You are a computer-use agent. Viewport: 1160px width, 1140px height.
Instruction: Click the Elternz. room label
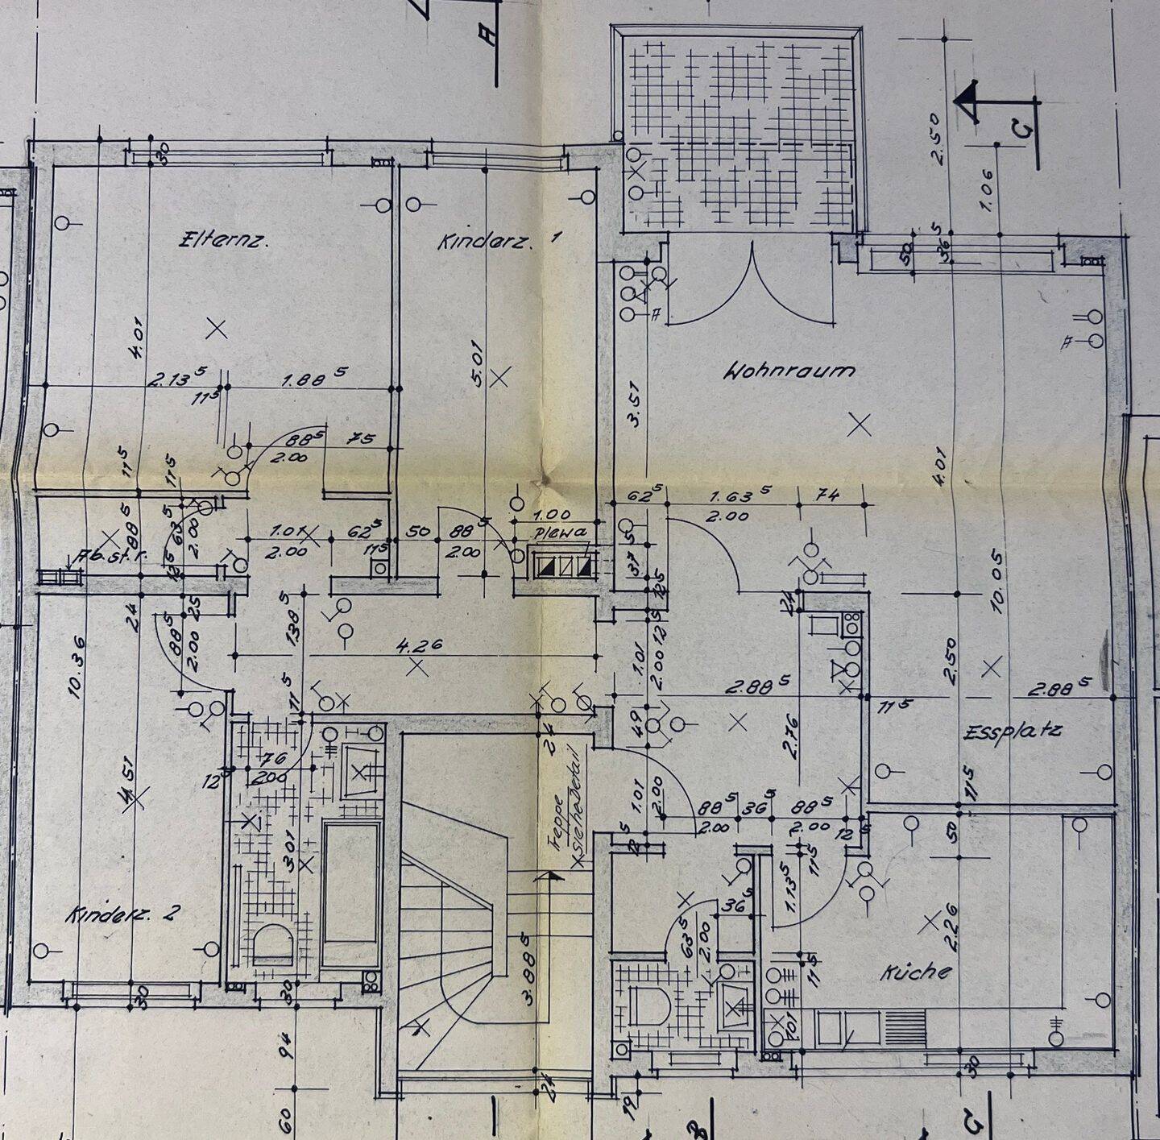point(222,239)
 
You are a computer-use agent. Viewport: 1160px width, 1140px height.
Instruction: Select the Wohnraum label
point(789,371)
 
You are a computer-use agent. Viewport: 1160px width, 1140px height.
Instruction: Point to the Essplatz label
point(1013,732)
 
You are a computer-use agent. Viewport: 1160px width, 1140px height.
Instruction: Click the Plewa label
point(555,533)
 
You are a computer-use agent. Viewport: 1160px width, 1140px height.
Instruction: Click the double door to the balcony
point(752,286)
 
